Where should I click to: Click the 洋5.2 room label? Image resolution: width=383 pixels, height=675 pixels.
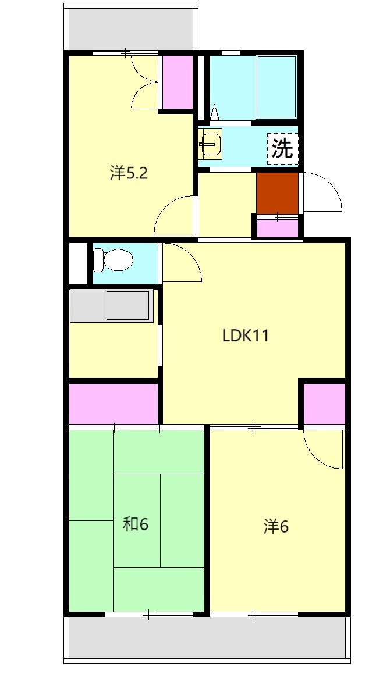129,173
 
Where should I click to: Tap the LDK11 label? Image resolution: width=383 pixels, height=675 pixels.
246,335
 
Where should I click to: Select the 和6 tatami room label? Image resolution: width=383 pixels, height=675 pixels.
136,524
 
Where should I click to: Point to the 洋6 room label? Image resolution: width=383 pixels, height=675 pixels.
276,527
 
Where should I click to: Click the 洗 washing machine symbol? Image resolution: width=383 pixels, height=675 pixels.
283,148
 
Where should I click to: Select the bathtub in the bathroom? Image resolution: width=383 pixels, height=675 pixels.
276,87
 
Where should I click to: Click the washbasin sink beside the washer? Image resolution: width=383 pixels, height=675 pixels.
210,144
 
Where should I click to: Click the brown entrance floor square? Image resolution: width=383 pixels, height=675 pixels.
278,193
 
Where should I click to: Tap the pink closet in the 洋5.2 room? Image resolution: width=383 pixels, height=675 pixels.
178,82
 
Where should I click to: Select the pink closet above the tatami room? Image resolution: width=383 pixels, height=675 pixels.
114,403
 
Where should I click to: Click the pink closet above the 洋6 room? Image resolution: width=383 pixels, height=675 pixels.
324,403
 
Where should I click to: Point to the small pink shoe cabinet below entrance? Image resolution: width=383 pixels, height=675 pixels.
278,228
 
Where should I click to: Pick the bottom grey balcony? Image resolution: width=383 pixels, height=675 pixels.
207,638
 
